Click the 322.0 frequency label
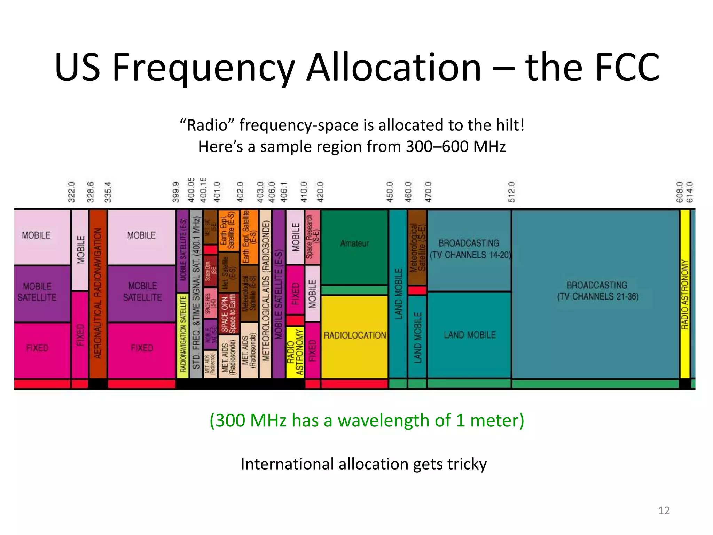click(71, 192)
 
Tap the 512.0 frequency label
click(511, 192)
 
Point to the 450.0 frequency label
click(390, 192)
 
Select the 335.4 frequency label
click(108, 192)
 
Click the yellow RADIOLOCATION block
click(354, 335)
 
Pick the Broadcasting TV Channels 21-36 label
click(597, 291)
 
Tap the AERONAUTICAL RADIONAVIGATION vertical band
click(98, 293)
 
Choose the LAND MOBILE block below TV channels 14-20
click(469, 335)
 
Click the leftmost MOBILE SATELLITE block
click(37, 292)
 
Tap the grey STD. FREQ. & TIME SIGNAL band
click(196, 293)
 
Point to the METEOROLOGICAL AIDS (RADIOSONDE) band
click(265, 293)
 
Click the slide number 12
click(664, 511)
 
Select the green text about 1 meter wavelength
click(367, 420)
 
